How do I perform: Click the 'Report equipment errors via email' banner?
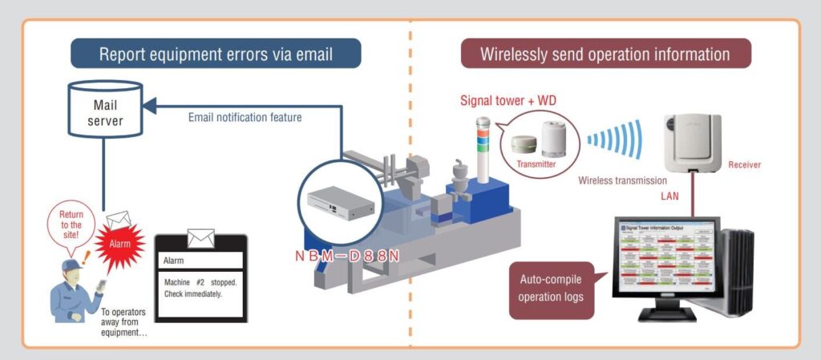[x=216, y=55]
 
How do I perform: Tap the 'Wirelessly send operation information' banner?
[x=605, y=55]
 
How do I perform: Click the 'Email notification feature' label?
[x=245, y=117]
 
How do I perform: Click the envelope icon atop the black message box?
[x=200, y=238]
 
